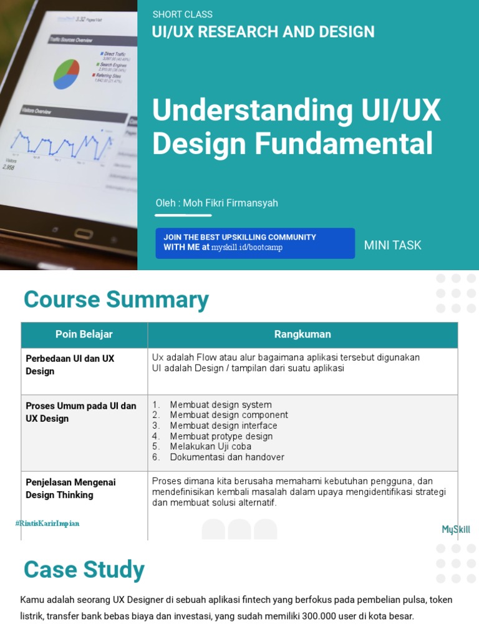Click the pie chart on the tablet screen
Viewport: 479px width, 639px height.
pyautogui.click(x=66, y=73)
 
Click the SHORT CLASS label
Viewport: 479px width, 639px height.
pyautogui.click(x=182, y=14)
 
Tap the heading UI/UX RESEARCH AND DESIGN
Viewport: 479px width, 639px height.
pyautogui.click(x=263, y=32)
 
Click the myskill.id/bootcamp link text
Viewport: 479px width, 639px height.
pyautogui.click(x=247, y=248)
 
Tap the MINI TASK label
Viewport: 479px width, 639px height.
pyautogui.click(x=392, y=245)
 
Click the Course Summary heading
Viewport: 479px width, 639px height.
pyautogui.click(x=116, y=300)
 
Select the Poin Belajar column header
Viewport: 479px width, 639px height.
pyautogui.click(x=84, y=334)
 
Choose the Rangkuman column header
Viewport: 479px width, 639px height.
pyautogui.click(x=302, y=334)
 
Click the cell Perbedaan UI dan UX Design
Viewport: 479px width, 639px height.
pyautogui.click(x=70, y=364)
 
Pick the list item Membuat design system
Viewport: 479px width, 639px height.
pyautogui.click(x=220, y=404)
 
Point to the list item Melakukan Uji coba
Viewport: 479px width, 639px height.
pyautogui.click(x=210, y=447)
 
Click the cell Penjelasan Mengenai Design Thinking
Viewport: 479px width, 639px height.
pyautogui.click(x=70, y=489)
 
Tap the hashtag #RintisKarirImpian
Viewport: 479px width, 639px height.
pyautogui.click(x=47, y=524)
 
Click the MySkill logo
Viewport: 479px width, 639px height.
pyautogui.click(x=456, y=530)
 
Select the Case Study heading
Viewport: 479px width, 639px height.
pyautogui.click(x=84, y=570)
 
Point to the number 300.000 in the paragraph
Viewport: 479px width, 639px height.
pyautogui.click(x=293, y=617)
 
